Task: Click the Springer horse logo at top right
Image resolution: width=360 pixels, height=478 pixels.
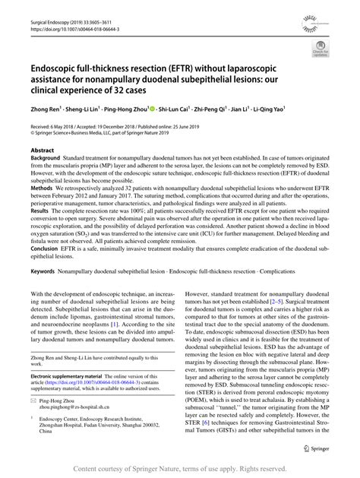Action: click(x=339, y=16)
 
